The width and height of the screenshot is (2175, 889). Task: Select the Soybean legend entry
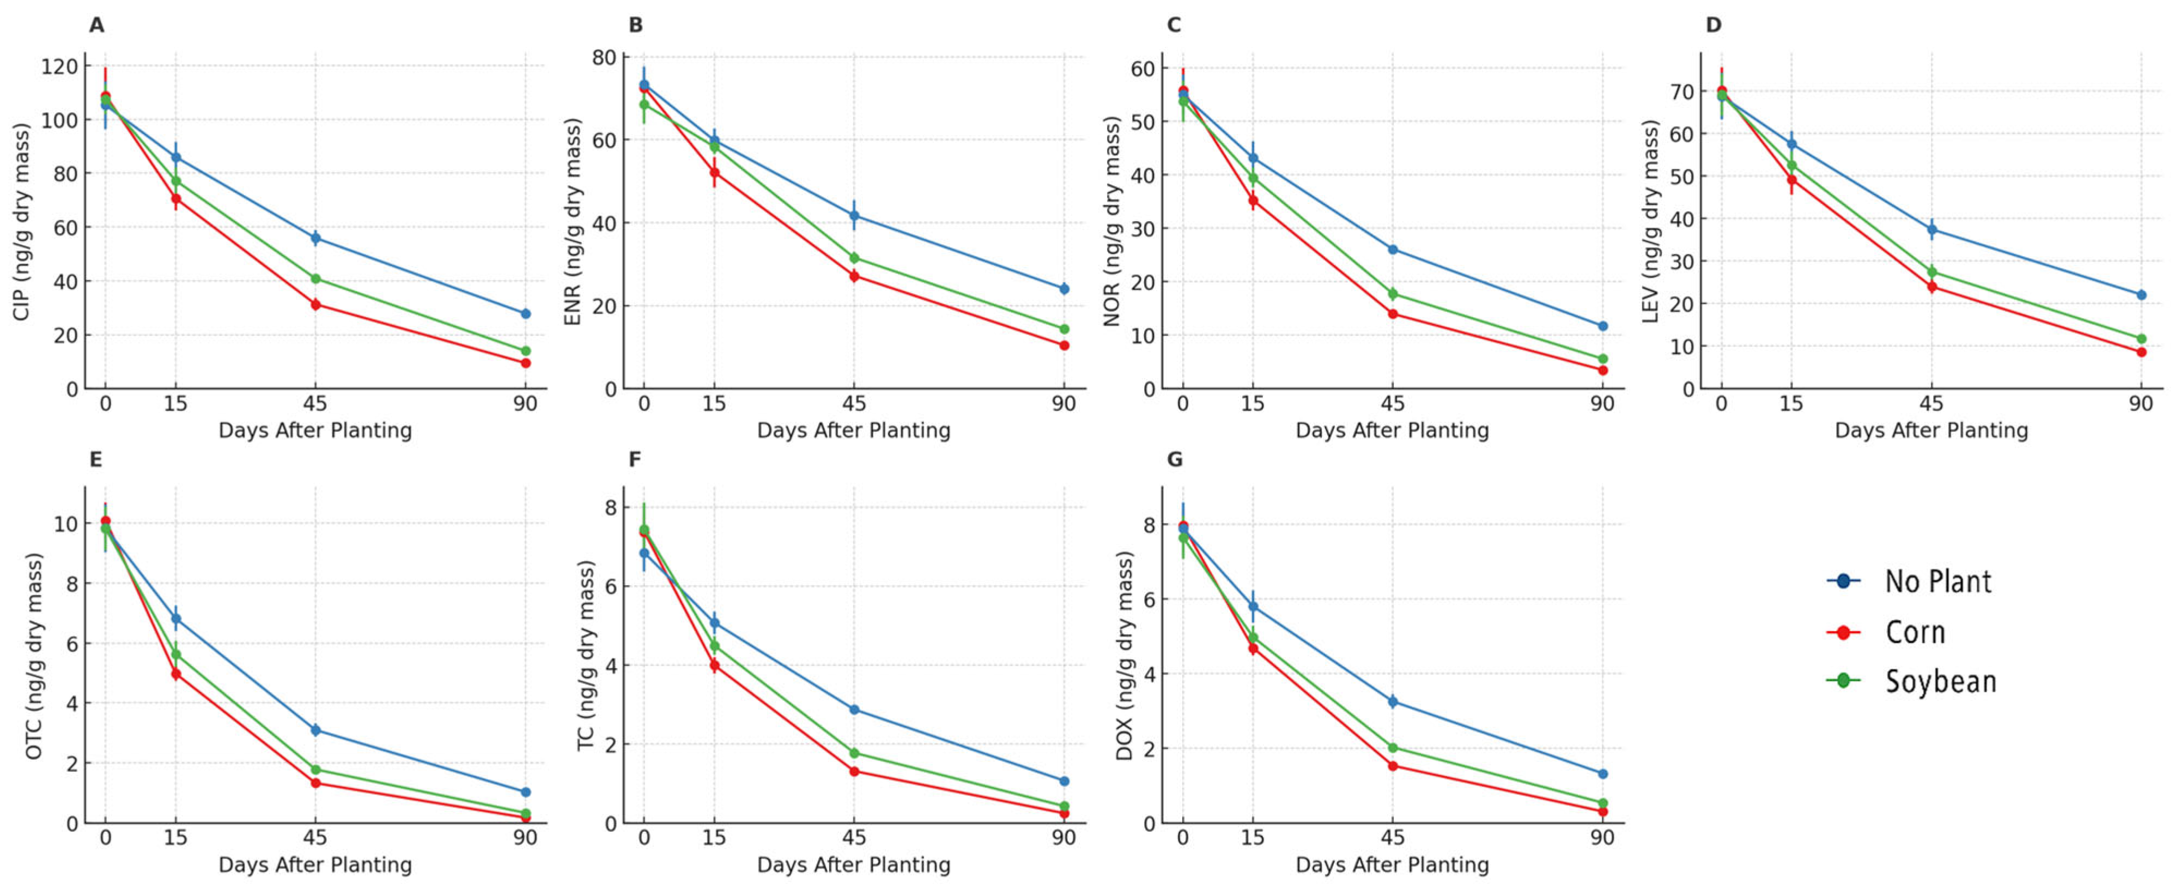[1940, 680]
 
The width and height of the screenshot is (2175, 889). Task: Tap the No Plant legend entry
[1938, 581]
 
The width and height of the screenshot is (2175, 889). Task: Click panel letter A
[97, 25]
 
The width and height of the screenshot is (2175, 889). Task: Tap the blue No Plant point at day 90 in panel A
[525, 313]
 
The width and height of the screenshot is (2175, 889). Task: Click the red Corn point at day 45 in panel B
[854, 276]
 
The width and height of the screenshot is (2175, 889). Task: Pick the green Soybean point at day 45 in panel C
[1392, 294]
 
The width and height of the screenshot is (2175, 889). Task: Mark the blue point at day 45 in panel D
[1931, 230]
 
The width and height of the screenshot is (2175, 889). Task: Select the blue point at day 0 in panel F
[644, 553]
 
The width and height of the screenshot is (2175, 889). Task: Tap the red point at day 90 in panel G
[1602, 811]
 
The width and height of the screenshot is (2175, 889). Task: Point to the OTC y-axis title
[34, 655]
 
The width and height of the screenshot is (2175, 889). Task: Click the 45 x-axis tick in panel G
[1392, 837]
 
